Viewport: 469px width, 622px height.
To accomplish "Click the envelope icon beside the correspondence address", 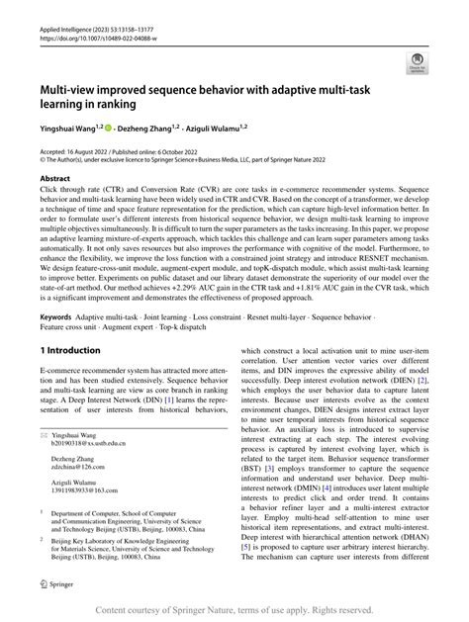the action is [x=43, y=433].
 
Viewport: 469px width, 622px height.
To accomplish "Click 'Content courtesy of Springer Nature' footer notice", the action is [x=234, y=609].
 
